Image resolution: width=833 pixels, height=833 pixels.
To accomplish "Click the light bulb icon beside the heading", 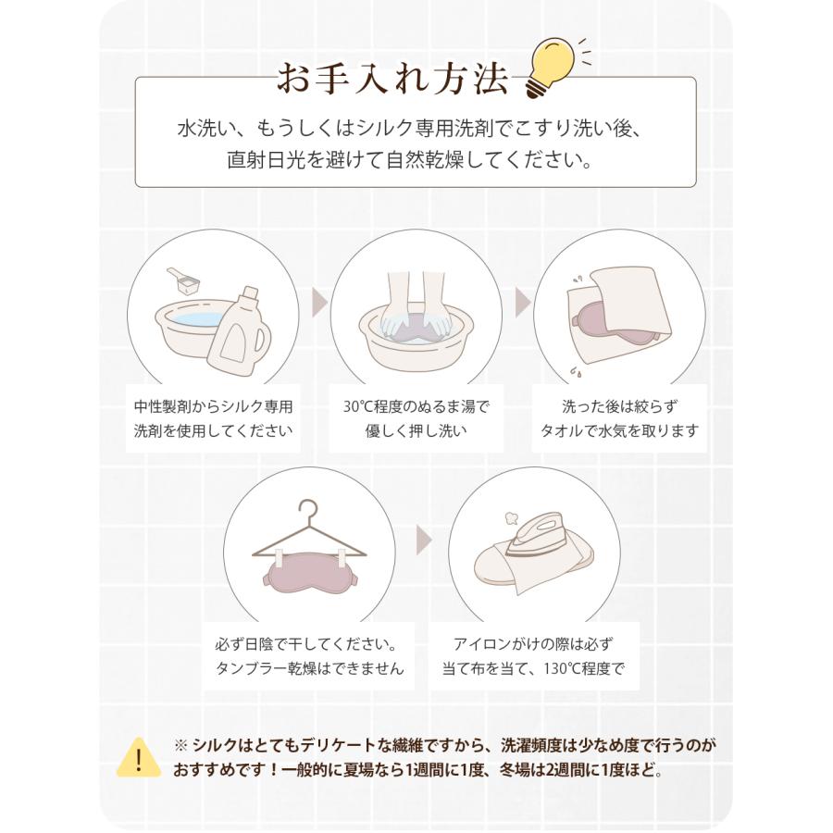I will coord(550,63).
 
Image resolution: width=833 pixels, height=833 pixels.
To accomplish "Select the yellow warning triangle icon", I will coord(140,757).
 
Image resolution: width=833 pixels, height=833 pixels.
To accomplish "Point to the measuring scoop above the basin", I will coord(185,280).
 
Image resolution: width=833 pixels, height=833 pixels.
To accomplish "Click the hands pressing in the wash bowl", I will coord(414,311).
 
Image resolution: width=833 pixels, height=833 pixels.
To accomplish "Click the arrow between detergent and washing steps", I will coord(319,302).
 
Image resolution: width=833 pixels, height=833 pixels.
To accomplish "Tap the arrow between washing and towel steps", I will coord(522,302).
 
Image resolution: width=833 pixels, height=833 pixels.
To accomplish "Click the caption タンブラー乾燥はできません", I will coord(308,668).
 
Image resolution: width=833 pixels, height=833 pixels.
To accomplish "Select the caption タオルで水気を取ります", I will coord(618,430).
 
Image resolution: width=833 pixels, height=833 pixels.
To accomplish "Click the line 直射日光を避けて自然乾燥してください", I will coord(410,159).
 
